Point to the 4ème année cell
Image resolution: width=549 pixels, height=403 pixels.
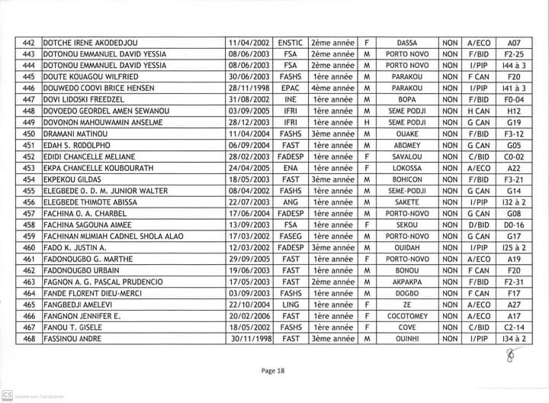click(332, 89)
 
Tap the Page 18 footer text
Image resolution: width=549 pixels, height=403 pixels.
click(272, 370)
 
